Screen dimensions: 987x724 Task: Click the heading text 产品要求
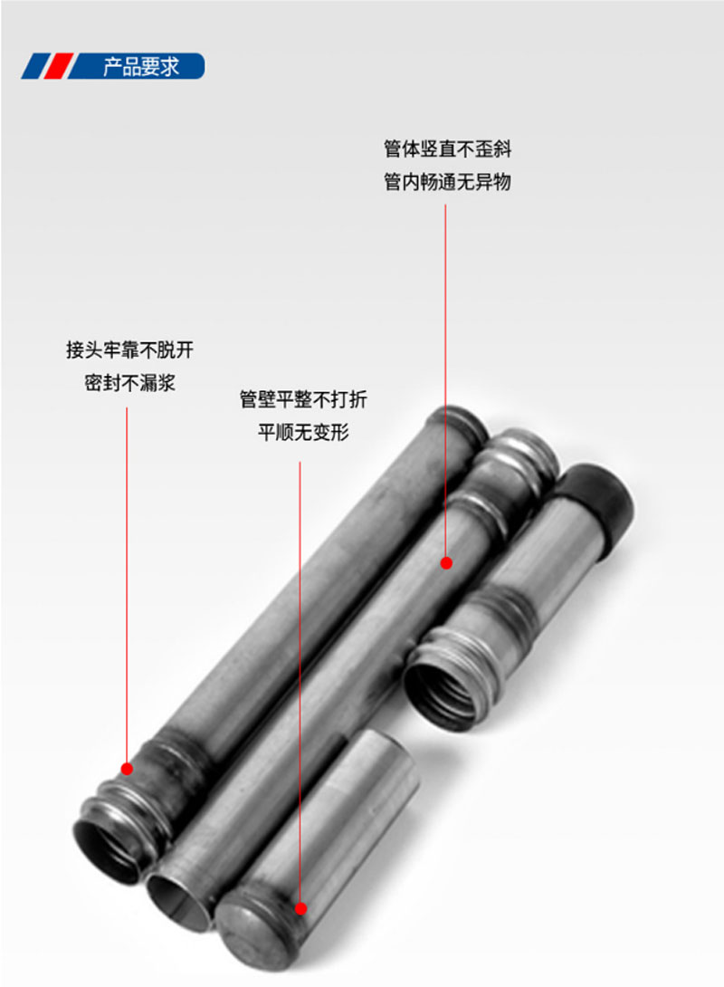(141, 67)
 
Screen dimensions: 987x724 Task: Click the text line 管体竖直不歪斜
(447, 149)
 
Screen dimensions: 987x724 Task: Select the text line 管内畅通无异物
(447, 182)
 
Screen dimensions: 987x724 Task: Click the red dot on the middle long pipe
(446, 563)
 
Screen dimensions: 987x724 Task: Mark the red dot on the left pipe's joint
(128, 769)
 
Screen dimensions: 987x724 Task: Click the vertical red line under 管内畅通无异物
(445, 380)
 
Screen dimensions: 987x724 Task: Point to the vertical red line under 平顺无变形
(300, 679)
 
